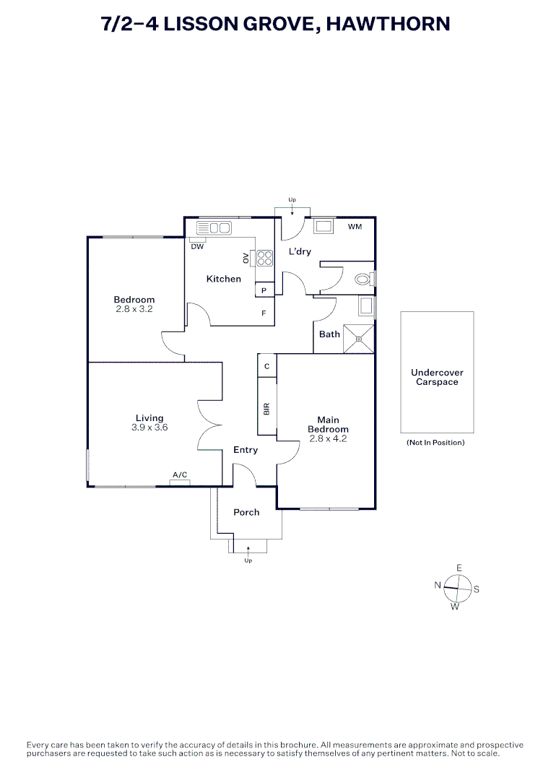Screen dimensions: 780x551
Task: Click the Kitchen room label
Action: pyautogui.click(x=224, y=279)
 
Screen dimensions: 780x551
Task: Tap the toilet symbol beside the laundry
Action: pyautogui.click(x=363, y=279)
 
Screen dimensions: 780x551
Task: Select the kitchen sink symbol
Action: pyautogui.click(x=214, y=228)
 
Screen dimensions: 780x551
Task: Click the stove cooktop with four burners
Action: pyautogui.click(x=264, y=258)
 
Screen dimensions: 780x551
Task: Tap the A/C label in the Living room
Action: pyautogui.click(x=180, y=474)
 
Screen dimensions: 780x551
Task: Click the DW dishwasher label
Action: pyautogui.click(x=197, y=246)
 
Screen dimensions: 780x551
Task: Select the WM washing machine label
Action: pyautogui.click(x=355, y=227)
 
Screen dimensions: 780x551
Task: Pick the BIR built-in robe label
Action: pyautogui.click(x=266, y=409)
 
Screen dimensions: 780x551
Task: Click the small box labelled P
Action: pyautogui.click(x=264, y=290)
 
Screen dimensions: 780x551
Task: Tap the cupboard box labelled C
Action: pyautogui.click(x=266, y=366)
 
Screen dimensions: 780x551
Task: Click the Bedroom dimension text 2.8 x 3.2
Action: pyautogui.click(x=134, y=308)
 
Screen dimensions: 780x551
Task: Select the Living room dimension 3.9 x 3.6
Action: pyautogui.click(x=149, y=428)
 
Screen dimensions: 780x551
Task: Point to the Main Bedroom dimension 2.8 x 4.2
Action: pyautogui.click(x=328, y=438)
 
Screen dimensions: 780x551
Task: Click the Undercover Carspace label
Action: pyautogui.click(x=437, y=377)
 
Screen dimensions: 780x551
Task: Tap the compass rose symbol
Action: pyautogui.click(x=457, y=587)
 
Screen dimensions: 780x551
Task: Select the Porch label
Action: pyautogui.click(x=246, y=512)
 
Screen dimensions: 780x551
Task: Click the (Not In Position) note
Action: pyautogui.click(x=435, y=442)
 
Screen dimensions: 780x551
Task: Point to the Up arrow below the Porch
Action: pyautogui.click(x=248, y=553)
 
